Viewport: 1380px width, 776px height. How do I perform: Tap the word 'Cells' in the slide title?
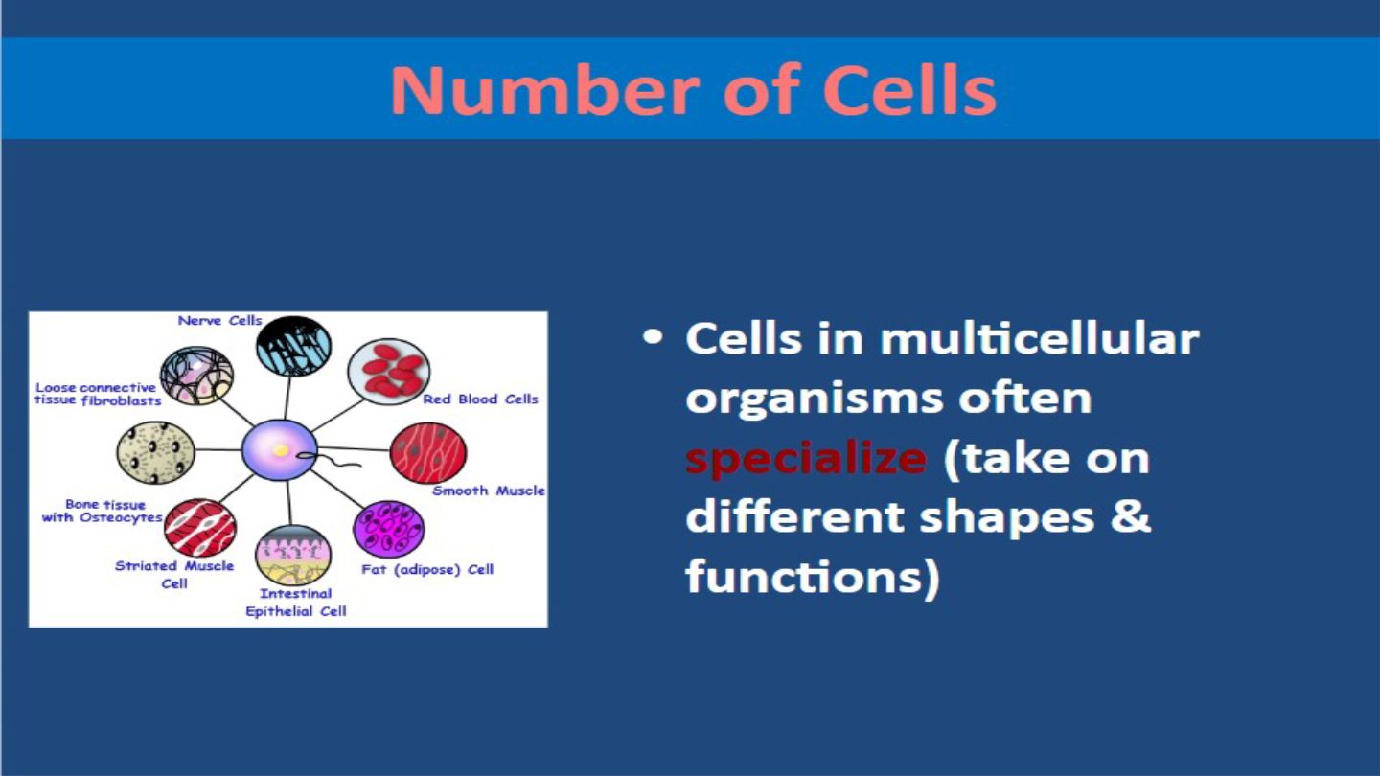coord(909,89)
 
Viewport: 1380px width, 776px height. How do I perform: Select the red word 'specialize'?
coord(806,460)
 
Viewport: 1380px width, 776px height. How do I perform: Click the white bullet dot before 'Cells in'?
coord(653,337)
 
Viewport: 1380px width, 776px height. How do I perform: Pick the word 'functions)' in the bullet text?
coord(812,578)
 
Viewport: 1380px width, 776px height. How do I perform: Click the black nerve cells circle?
coord(293,346)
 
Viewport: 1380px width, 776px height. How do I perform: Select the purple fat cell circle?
coord(389,529)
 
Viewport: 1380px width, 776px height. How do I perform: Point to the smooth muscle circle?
coord(428,452)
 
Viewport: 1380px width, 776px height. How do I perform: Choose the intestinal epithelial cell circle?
coord(292,556)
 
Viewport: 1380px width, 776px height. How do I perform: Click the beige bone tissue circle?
coord(155,452)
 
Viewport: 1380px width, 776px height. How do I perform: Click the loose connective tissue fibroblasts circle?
coord(196,376)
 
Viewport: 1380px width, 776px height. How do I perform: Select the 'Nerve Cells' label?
coord(220,321)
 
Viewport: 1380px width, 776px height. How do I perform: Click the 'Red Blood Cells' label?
coord(480,399)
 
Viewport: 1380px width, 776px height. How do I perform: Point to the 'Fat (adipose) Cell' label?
coord(427,570)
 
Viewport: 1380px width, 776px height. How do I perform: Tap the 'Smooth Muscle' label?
coord(489,491)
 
